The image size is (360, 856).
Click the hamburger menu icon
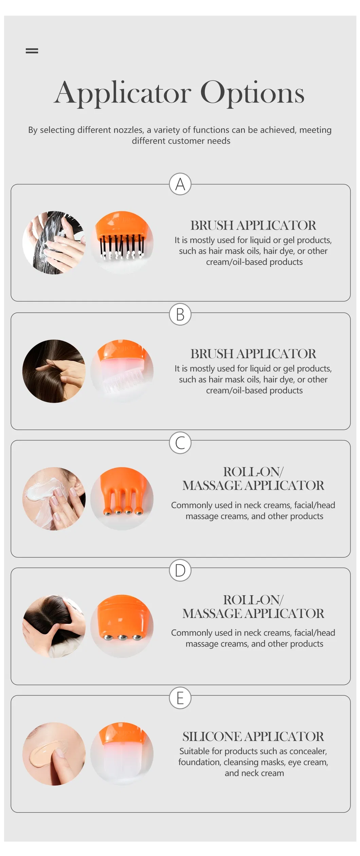pos(32,51)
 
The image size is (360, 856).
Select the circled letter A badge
pos(180,184)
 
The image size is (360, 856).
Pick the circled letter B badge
pos(180,314)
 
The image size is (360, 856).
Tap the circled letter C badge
pos(180,443)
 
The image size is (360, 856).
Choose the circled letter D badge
pos(180,570)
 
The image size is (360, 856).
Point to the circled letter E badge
pos(180,698)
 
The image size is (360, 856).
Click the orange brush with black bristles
pos(122,242)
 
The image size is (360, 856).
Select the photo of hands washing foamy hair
pos(54,242)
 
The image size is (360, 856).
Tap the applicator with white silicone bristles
pos(122,371)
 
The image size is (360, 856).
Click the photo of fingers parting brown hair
pos(54,371)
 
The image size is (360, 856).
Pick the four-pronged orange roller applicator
pos(122,498)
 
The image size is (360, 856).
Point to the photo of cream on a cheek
pos(54,498)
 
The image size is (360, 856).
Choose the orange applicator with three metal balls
pos(122,626)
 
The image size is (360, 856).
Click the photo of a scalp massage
pos(54,626)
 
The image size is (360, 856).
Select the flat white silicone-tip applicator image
pos(122,754)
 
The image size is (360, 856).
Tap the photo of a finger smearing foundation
pos(54,754)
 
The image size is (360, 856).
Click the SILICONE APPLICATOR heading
pos(253,736)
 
